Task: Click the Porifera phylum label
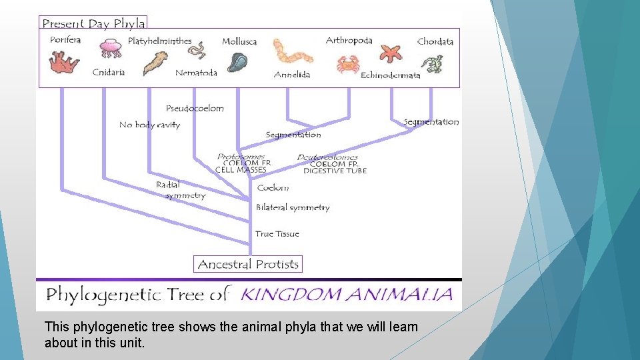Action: point(65,39)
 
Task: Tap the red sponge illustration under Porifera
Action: point(64,62)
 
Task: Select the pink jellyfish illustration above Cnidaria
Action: point(111,48)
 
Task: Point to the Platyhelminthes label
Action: point(160,41)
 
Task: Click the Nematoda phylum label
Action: point(196,73)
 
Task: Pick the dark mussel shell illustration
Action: point(237,62)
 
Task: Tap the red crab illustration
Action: point(347,65)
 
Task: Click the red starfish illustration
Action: point(391,53)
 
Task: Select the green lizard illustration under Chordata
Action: point(432,64)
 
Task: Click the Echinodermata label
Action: point(391,75)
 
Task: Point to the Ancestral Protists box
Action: point(248,264)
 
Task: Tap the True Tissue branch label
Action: point(277,234)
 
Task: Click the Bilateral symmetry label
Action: point(293,207)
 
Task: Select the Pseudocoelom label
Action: point(195,108)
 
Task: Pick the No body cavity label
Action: point(149,125)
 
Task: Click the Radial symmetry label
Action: point(181,190)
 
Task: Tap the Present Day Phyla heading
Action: point(93,23)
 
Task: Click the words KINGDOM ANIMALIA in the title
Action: point(346,295)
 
